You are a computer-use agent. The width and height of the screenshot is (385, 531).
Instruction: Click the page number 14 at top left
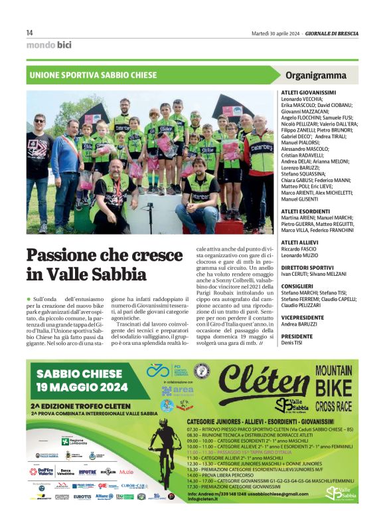pos(29,33)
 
